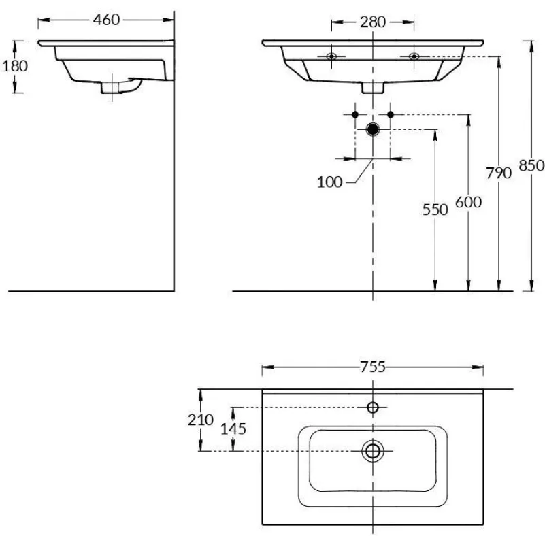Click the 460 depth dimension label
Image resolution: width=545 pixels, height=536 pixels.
point(106,20)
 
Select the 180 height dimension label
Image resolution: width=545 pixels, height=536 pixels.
point(15,66)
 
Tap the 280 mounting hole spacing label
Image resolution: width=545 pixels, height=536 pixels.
point(373,22)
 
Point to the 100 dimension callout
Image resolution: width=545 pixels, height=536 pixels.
point(329,182)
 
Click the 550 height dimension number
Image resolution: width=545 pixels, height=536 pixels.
point(435,210)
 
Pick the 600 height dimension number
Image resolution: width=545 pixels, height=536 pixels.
point(469,202)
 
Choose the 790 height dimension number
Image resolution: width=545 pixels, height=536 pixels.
point(499,173)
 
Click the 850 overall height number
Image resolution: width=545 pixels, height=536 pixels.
point(531,165)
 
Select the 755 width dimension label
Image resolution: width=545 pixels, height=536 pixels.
point(373,367)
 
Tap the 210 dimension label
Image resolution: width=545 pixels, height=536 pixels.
point(201,420)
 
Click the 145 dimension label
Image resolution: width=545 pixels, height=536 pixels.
point(233,429)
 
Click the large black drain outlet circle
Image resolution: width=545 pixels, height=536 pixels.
point(373,129)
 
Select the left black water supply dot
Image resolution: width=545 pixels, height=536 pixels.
point(355,114)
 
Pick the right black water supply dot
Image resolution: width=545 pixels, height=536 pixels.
point(391,114)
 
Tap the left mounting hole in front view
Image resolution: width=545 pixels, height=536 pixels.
point(331,56)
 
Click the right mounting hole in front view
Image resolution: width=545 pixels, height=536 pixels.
point(414,56)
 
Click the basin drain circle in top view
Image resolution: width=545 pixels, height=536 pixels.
point(373,451)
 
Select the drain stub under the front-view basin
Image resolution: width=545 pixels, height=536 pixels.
point(373,88)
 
